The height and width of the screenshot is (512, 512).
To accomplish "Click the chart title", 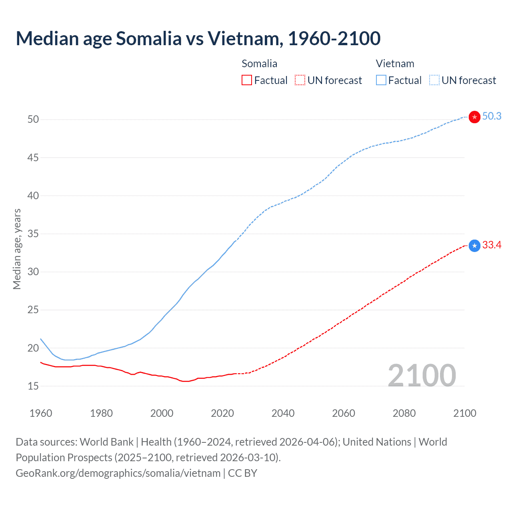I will coord(198,38).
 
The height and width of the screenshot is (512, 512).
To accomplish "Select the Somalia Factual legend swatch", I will coord(247,80).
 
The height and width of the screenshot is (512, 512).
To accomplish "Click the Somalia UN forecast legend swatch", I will coord(300,80).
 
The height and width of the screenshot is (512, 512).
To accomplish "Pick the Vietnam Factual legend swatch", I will coord(381,80).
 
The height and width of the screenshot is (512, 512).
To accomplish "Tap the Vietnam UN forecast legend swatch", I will coord(434,80).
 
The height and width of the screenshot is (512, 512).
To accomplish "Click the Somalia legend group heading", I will coord(259,64).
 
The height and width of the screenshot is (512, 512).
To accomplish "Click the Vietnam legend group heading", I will coord(395,64).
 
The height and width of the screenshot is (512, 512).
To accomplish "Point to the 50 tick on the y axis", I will coord(33,120).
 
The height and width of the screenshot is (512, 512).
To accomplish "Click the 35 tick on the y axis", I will coord(33,234).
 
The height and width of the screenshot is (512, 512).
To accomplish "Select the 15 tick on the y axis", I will coord(33,386).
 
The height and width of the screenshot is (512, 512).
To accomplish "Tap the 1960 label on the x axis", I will coord(41,413).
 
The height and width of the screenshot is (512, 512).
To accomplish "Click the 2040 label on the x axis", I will coord(283,413).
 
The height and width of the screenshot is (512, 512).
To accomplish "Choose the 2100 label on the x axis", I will coord(464,413).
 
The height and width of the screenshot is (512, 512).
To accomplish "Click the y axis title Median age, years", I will coord(17,249).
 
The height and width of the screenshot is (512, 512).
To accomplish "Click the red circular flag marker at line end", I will coord(474,117).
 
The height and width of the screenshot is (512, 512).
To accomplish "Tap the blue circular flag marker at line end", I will coord(474,246).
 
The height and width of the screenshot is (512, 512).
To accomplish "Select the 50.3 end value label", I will coord(492,116).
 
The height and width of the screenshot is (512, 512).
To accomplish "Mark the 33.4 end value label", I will coord(492,245).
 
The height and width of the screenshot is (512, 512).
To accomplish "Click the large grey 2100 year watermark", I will coord(422,375).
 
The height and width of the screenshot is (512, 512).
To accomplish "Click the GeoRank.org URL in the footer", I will coord(118,473).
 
